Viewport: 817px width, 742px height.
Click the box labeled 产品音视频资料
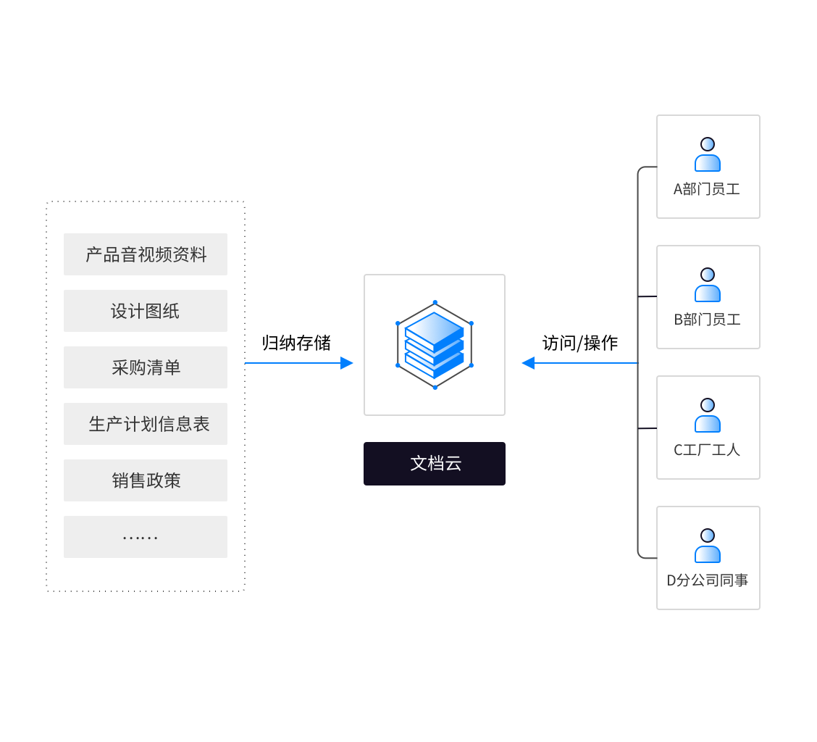146,254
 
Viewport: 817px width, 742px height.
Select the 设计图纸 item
146,311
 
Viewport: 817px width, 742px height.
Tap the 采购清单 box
146,367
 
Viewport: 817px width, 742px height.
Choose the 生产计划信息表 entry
146,424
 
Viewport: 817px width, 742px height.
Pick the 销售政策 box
146,480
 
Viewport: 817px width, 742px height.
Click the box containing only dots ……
146,537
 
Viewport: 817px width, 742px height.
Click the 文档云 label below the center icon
435,464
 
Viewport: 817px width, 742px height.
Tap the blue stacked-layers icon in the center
435,345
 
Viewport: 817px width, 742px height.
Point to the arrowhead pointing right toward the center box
347,363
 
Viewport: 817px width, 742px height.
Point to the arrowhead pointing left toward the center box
528,363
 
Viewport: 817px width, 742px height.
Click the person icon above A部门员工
708,154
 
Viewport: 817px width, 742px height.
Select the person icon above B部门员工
708,285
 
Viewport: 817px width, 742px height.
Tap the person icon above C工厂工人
708,415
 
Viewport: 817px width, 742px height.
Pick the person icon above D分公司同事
708,546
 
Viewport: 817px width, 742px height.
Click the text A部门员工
707,190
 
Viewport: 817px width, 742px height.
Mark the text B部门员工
707,320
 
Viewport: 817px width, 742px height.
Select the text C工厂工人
707,451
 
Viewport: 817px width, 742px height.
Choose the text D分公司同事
707,581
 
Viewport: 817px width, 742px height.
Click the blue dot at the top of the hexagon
435,302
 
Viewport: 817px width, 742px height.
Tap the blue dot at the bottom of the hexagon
435,388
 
